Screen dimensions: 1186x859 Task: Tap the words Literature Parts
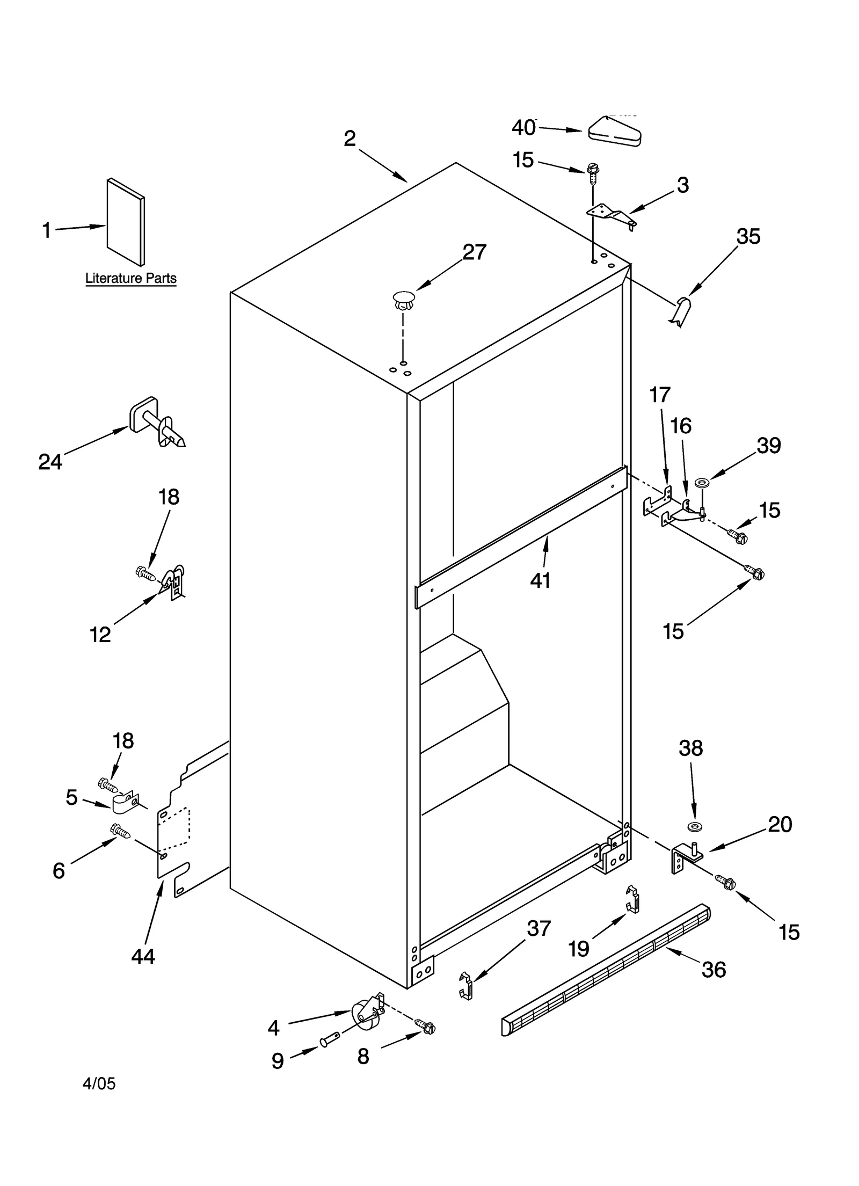point(131,279)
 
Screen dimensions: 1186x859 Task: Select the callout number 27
point(475,252)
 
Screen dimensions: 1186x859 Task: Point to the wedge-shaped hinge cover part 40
point(614,132)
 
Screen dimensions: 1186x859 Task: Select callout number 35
point(748,236)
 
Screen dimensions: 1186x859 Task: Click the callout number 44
point(143,956)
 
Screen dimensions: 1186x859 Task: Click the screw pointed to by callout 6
point(121,831)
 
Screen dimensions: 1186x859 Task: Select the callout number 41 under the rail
point(540,580)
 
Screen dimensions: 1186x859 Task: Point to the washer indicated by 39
point(701,484)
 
